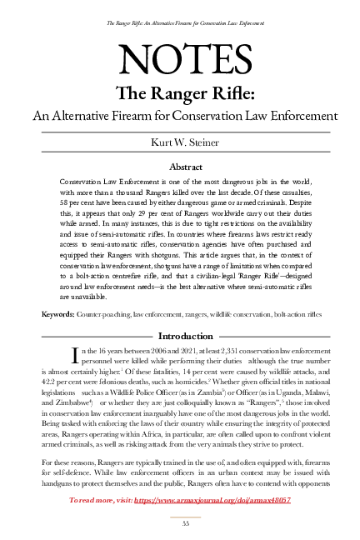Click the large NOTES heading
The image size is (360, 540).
179,60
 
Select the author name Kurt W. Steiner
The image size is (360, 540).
180,143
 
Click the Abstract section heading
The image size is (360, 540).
180,167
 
